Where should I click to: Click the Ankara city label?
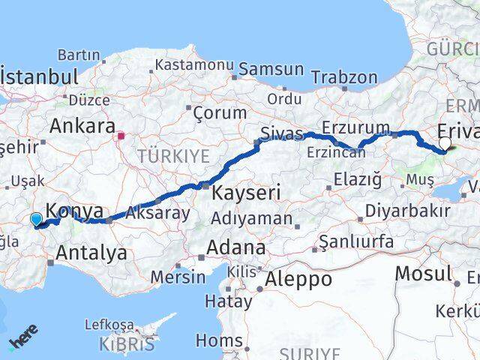tap(82, 125)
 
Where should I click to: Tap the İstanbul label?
tap(40, 76)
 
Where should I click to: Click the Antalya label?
tap(92, 253)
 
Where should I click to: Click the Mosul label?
tap(423, 274)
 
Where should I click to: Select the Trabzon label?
tap(344, 77)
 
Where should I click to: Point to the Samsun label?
tap(273, 69)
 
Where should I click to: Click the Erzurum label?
tap(355, 127)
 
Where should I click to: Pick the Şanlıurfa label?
tap(355, 241)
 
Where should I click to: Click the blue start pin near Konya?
tap(36, 219)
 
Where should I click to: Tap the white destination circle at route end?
tap(445, 143)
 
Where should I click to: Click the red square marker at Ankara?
tap(120, 136)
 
